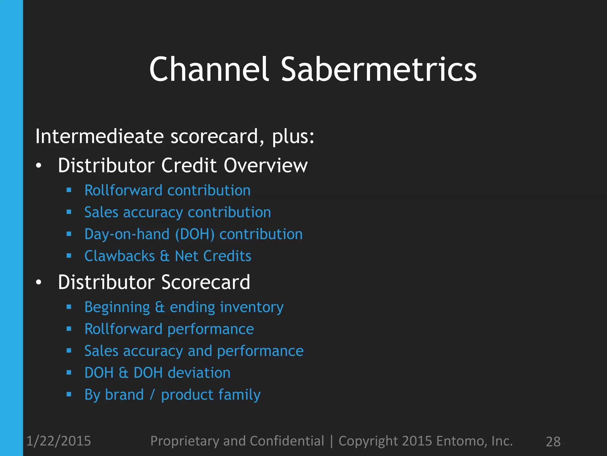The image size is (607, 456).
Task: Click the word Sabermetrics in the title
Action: [x=378, y=69]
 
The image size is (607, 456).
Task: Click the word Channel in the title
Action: [x=209, y=69]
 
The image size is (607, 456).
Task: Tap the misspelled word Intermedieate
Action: [x=99, y=137]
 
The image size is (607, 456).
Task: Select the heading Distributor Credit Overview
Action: [x=183, y=165]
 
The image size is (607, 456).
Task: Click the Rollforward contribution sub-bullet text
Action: [x=167, y=190]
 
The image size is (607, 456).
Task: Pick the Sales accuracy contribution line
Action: [x=178, y=212]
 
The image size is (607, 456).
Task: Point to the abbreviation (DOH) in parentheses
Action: [x=195, y=234]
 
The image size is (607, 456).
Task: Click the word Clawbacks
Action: [x=119, y=256]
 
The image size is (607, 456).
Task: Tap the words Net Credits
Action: [x=213, y=256]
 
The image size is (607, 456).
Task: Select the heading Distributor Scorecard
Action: [x=154, y=282]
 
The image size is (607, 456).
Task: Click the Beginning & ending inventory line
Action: [x=184, y=307]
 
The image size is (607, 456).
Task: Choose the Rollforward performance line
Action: [x=169, y=329]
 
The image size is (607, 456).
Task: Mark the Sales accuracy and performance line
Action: [x=194, y=351]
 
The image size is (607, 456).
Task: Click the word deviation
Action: [x=201, y=373]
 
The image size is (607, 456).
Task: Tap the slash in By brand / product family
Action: [x=152, y=395]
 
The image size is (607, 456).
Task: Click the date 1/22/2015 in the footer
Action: [x=59, y=441]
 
